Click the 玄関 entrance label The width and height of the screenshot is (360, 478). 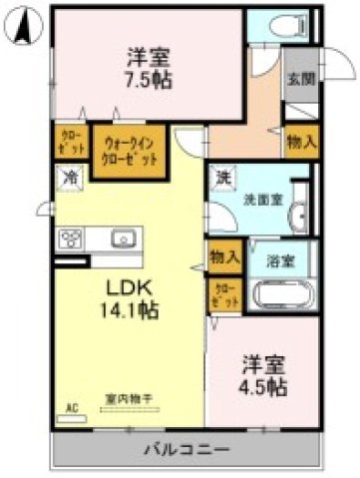(x=298, y=79)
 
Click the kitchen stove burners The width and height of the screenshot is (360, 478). (x=73, y=239)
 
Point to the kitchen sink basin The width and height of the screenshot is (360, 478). (x=125, y=239)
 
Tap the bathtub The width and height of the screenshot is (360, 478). (x=282, y=295)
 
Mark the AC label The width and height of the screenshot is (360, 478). (x=72, y=407)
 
